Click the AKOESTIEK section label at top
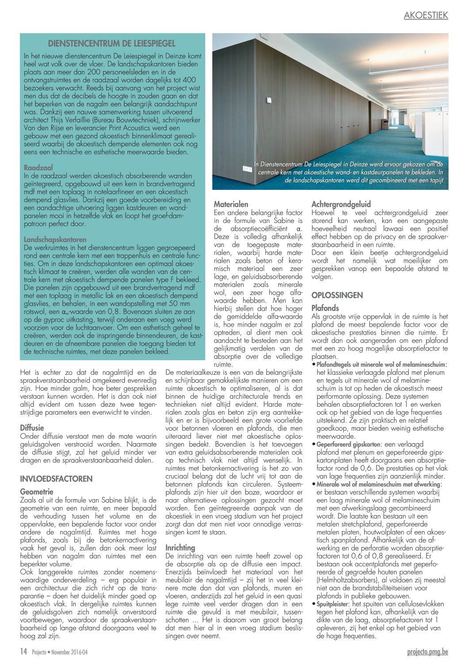(x=426, y=15)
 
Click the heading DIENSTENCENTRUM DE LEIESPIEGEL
(x=111, y=43)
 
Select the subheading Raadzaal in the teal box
(x=38, y=168)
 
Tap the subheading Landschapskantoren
(x=55, y=239)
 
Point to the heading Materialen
(x=231, y=204)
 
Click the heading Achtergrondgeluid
(x=341, y=204)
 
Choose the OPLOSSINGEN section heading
(x=337, y=295)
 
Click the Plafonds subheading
(x=325, y=308)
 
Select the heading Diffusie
(x=32, y=427)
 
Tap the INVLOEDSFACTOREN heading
(x=56, y=479)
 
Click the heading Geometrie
(x=37, y=492)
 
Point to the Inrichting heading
(x=180, y=547)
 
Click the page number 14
(x=23, y=651)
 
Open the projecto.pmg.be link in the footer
(x=427, y=651)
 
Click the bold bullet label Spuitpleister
(x=332, y=604)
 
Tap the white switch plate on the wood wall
(x=269, y=100)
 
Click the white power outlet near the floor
(x=246, y=169)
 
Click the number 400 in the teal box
(x=189, y=80)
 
